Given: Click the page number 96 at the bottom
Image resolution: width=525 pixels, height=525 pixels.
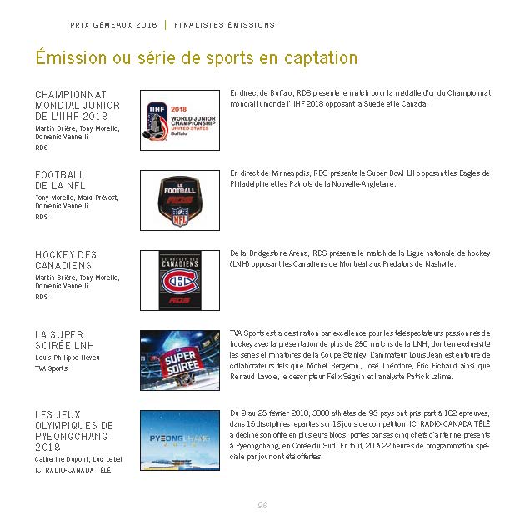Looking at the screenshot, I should click(262, 505).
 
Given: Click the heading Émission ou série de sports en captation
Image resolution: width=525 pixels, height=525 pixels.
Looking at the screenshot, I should click(197, 58).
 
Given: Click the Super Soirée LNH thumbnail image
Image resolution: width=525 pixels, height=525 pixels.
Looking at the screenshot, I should click(179, 360).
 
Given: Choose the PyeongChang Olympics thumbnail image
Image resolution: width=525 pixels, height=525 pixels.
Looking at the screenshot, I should click(179, 440).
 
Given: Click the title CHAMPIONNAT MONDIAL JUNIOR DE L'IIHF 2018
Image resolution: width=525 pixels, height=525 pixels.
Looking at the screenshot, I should click(77, 106).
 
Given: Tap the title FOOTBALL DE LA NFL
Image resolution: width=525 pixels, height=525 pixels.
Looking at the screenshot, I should click(60, 179).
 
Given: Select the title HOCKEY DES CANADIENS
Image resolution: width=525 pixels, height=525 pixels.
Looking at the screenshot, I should click(66, 260).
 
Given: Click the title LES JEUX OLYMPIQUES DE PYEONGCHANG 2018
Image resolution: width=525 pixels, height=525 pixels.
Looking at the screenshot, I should click(73, 430).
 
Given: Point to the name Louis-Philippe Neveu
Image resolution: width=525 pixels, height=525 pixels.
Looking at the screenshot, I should click(67, 357).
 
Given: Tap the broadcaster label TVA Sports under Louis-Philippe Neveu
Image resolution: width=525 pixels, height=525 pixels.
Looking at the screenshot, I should click(52, 368).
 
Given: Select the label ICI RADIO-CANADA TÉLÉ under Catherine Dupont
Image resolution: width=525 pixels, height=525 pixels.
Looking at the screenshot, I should click(72, 470).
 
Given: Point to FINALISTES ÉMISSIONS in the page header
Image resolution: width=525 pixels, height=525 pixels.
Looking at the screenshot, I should click(224, 25).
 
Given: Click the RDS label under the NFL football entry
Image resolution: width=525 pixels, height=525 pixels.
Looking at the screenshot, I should click(42, 217).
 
